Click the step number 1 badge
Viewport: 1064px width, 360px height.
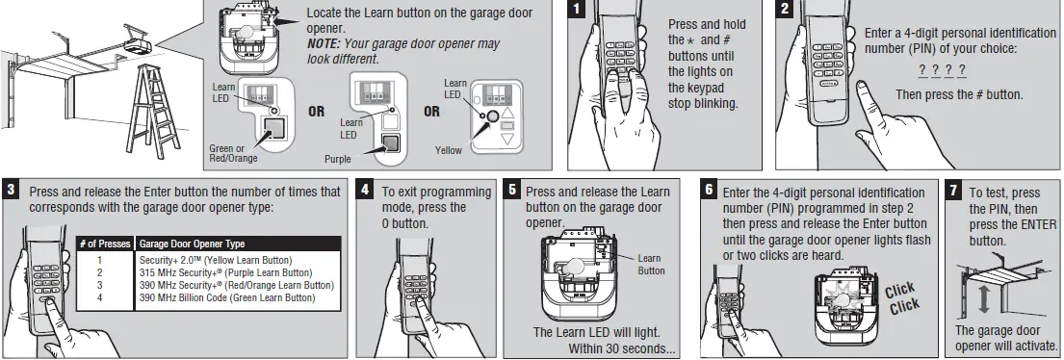pos(576,10)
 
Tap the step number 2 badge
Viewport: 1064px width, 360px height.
pos(786,10)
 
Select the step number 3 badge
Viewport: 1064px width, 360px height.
pos(12,190)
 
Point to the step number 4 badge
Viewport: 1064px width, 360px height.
pos(365,190)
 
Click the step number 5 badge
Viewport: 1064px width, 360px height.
pos(513,190)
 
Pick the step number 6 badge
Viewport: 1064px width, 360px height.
pos(710,190)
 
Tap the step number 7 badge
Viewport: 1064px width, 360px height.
pos(954,190)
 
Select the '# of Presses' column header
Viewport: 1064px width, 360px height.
pos(105,244)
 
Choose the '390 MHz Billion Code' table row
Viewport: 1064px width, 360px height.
pos(227,297)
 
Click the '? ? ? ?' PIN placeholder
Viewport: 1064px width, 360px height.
pos(942,70)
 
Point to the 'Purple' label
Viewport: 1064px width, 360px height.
pos(338,158)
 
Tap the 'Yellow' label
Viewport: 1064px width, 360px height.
pos(449,151)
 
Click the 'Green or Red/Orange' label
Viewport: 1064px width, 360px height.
pos(234,152)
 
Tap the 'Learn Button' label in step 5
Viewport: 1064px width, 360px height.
pos(651,264)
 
